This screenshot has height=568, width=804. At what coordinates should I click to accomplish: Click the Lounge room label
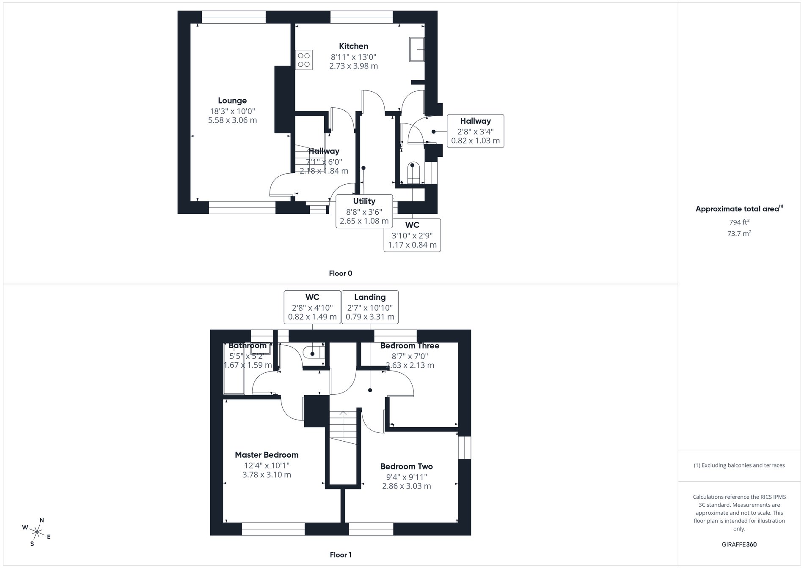coord(232,101)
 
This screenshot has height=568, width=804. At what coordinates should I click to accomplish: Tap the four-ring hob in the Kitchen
coord(304,60)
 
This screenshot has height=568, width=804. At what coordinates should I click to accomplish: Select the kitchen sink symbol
coord(417,49)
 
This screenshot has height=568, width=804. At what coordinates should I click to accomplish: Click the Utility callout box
coord(364,211)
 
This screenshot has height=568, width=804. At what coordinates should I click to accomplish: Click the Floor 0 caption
coord(340,273)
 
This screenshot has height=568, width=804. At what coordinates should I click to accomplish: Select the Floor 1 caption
coord(340,555)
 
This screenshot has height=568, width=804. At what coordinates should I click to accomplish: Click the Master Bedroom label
coord(267,455)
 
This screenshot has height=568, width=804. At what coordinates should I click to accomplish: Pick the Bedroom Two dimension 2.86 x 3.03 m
coord(406,486)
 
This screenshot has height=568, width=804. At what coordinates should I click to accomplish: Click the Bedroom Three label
coord(409,346)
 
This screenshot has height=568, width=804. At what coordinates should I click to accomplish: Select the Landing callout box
coord(370,307)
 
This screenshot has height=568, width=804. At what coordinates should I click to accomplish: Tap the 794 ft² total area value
coord(739,222)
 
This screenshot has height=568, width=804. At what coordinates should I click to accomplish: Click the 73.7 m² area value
coord(739,233)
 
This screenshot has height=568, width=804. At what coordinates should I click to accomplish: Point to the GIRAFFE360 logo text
coord(739,544)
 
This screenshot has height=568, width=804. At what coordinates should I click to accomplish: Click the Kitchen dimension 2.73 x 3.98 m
coord(353,66)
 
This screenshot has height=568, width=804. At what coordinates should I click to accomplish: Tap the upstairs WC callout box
coord(312,307)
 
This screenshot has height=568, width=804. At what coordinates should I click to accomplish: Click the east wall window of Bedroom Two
coord(465,448)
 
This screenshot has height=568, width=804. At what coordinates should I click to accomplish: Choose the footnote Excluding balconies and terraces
coord(739,465)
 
